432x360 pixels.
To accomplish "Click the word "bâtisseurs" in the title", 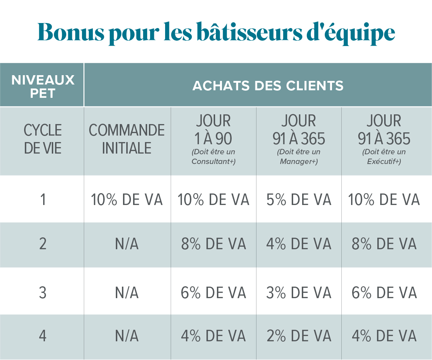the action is (250, 32).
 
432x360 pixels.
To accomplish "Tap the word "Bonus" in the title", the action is (71, 32).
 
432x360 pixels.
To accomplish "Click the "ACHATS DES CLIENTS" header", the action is (268, 86).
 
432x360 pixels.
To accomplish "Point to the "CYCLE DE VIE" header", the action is (42, 139).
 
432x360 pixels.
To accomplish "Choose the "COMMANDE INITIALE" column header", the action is (127, 139).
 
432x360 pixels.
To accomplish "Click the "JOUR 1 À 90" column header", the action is (213, 129).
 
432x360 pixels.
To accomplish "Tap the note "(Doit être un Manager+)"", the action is (299, 156).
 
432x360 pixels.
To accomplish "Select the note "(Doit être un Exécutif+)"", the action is (384, 156).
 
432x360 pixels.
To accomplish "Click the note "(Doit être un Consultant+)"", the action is (214, 156).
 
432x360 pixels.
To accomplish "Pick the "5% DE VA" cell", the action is (299, 200).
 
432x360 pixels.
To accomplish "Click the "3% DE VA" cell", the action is (299, 293).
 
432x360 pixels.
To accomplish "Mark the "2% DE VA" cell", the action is (299, 336).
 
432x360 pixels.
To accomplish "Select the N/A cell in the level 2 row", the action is (127, 244).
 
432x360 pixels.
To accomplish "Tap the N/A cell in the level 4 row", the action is (127, 336).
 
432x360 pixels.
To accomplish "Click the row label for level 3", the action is (42, 293).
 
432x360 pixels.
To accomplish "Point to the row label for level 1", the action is (43, 200).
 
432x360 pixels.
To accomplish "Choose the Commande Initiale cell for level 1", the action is (127, 200).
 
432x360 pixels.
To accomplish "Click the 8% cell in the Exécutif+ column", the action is (384, 244).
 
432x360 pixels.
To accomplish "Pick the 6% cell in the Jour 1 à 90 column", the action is (214, 293).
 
